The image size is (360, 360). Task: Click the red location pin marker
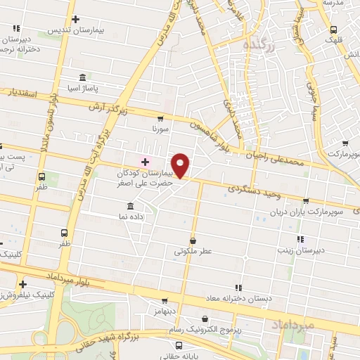point(181,165)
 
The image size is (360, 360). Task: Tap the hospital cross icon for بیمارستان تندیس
point(75,20)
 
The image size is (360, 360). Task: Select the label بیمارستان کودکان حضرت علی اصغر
point(145,176)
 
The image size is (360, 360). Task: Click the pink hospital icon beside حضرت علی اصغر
point(145,162)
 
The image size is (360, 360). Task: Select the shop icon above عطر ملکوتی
point(193,240)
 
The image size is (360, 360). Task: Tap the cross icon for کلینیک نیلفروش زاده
point(23,283)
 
